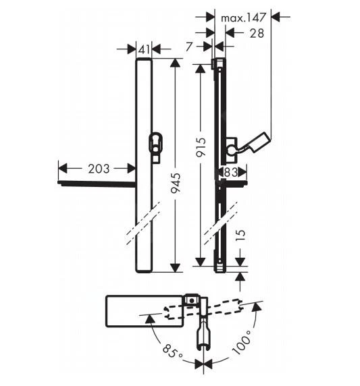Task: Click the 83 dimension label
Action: point(231,173)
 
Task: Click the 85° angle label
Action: point(170,352)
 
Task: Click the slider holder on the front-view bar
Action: point(155,146)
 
